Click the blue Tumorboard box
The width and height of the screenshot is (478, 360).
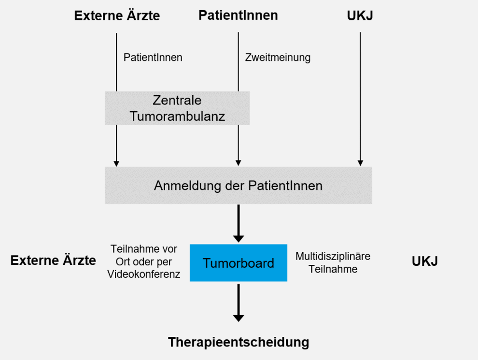[x=239, y=263]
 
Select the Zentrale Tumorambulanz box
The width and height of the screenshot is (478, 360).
[x=177, y=108]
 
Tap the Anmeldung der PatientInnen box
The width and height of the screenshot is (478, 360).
[x=239, y=185]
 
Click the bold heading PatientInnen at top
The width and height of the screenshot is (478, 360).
[x=238, y=15]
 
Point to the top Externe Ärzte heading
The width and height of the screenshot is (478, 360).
[x=117, y=15]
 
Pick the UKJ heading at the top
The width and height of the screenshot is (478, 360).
[x=360, y=15]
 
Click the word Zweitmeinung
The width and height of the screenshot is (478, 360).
[x=278, y=58]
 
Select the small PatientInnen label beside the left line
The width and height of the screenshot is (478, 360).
[x=153, y=58]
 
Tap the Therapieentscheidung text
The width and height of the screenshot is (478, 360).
[x=239, y=342]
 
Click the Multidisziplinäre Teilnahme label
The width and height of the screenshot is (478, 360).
[x=333, y=262]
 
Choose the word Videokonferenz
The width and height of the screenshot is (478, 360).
[x=143, y=274]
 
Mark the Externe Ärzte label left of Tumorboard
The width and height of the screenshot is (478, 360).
[x=53, y=260]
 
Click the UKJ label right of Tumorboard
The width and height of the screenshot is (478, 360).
[x=425, y=261]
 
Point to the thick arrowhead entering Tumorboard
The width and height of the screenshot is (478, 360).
[x=239, y=239]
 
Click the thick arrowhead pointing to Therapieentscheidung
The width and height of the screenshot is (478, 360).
[x=239, y=318]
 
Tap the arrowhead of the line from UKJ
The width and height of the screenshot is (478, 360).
[x=360, y=163]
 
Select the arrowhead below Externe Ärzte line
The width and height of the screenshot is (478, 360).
[x=116, y=163]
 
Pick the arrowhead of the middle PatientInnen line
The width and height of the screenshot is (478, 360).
[x=239, y=163]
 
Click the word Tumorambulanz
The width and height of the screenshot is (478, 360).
[x=177, y=116]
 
